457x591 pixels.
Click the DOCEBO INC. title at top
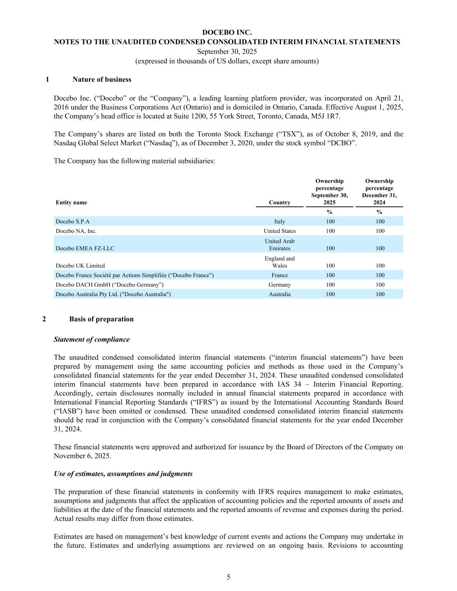[227, 32]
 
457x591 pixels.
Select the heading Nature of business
[102, 79]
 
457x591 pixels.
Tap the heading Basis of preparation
[101, 319]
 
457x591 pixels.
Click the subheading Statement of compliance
[91, 339]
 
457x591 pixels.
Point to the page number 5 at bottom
[228, 577]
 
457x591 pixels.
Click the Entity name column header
[71, 202]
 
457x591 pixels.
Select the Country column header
[279, 202]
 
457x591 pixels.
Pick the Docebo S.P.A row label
[73, 221]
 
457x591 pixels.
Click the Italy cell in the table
[279, 221]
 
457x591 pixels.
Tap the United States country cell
[279, 231]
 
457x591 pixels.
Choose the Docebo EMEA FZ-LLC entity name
[85, 248]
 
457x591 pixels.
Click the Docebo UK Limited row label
[80, 265]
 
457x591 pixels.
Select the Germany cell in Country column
[279, 284]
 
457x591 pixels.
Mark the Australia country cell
[279, 294]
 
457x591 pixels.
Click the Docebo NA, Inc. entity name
[76, 231]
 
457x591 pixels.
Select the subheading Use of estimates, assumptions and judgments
[123, 474]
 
